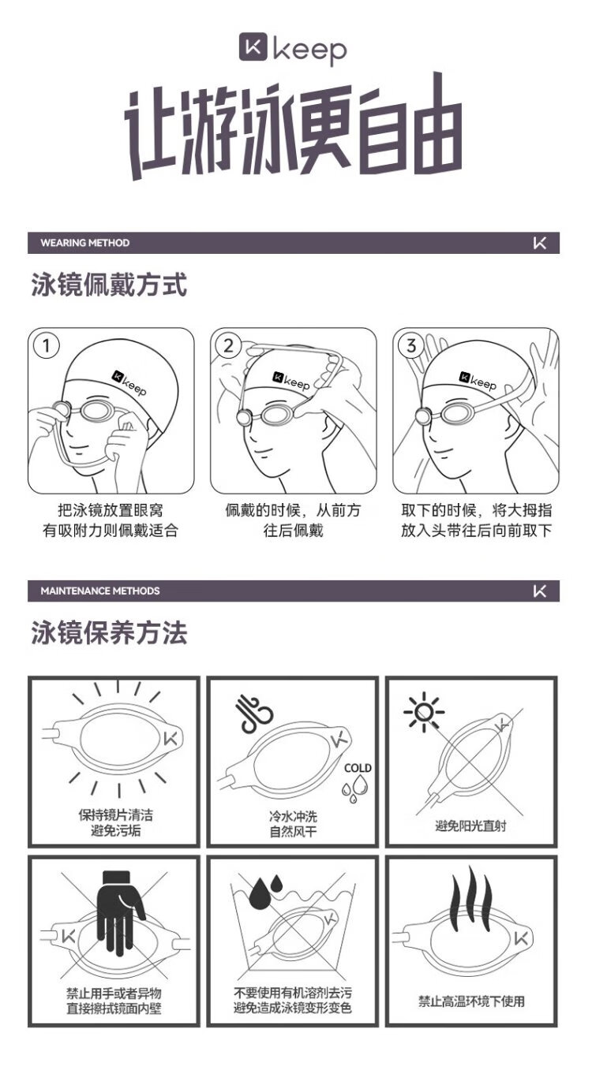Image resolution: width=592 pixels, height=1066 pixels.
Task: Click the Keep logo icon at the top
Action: pos(253,47)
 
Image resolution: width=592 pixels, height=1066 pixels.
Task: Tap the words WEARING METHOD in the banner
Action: pos(84,243)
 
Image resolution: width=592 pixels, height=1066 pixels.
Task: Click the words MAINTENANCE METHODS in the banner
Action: pos(100,591)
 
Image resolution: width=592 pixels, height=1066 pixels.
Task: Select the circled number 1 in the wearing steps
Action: pos(47,345)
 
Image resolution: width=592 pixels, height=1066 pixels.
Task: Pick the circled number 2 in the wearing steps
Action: pos(229,345)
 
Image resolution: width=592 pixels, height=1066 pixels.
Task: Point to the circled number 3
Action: pos(411,345)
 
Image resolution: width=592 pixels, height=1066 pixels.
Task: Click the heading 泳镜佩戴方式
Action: pos(109,285)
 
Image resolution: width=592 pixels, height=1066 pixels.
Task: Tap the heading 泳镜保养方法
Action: pos(109,633)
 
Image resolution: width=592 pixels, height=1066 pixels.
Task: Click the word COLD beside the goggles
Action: pos(358,768)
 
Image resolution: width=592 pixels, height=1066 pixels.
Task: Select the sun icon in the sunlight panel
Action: pos(424,713)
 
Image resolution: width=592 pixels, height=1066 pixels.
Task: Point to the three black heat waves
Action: pos(472,894)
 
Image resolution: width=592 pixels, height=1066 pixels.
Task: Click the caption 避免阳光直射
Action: pos(470,826)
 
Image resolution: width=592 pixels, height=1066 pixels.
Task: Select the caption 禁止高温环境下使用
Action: pos(471,1001)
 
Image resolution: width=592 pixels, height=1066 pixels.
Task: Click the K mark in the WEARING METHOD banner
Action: pos(540,243)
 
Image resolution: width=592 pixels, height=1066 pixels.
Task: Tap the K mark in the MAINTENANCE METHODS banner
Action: pos(540,591)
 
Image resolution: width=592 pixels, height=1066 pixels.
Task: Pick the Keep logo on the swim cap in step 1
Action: pos(129,383)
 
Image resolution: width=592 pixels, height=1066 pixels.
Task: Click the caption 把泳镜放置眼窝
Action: pos(111,510)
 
